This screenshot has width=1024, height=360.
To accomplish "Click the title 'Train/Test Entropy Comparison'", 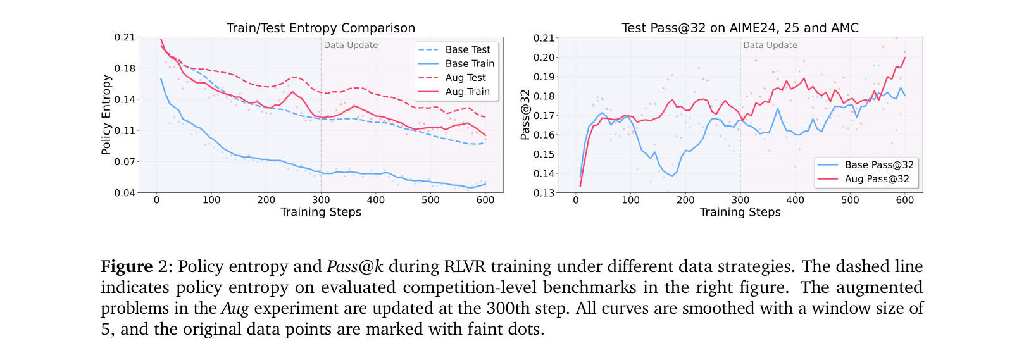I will pyautogui.click(x=321, y=28).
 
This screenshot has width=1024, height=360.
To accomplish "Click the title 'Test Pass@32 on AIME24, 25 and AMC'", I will pyautogui.click(x=740, y=28).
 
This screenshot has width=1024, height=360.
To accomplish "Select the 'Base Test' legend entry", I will pyautogui.click(x=467, y=49).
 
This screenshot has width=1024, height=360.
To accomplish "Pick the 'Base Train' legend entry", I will pyautogui.click(x=469, y=63).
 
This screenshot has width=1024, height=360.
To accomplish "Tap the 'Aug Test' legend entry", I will pyautogui.click(x=465, y=77).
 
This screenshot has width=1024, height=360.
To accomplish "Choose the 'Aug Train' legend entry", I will pyautogui.click(x=467, y=91).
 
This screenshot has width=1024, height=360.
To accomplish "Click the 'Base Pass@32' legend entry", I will pyautogui.click(x=879, y=164).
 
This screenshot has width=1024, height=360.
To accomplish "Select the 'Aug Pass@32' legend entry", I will pyautogui.click(x=877, y=178).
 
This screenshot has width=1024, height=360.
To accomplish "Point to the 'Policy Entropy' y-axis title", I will pyautogui.click(x=106, y=115).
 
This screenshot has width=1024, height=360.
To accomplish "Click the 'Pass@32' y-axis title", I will pyautogui.click(x=525, y=115).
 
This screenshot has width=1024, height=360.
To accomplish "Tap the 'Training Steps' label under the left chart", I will pyautogui.click(x=321, y=212).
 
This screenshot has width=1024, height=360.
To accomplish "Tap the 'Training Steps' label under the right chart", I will pyautogui.click(x=740, y=212).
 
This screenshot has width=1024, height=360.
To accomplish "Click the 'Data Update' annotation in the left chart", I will pyautogui.click(x=351, y=45).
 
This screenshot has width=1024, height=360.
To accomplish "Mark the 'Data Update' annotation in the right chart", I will pyautogui.click(x=770, y=45).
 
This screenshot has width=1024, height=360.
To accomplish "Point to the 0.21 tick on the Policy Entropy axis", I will pyautogui.click(x=125, y=37).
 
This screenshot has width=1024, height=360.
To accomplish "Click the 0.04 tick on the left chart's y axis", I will pyautogui.click(x=125, y=193).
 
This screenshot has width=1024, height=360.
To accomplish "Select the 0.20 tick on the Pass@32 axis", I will pyautogui.click(x=544, y=58).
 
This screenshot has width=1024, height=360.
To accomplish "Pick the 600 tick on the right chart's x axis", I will pyautogui.click(x=905, y=200).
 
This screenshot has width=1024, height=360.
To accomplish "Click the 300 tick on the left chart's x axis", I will pyautogui.click(x=321, y=200).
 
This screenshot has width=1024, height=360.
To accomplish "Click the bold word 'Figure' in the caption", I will pyautogui.click(x=127, y=266).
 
